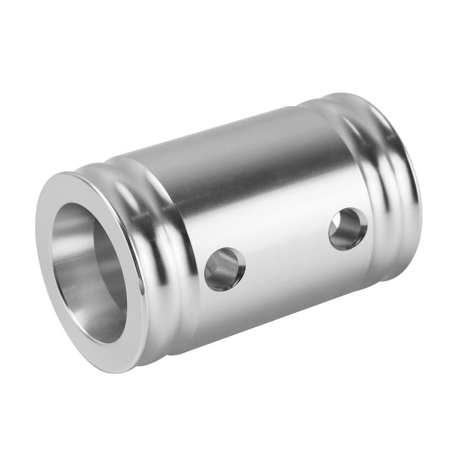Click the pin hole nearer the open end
[x=225, y=269]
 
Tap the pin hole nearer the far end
[x=348, y=228]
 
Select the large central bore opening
[x=89, y=274]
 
